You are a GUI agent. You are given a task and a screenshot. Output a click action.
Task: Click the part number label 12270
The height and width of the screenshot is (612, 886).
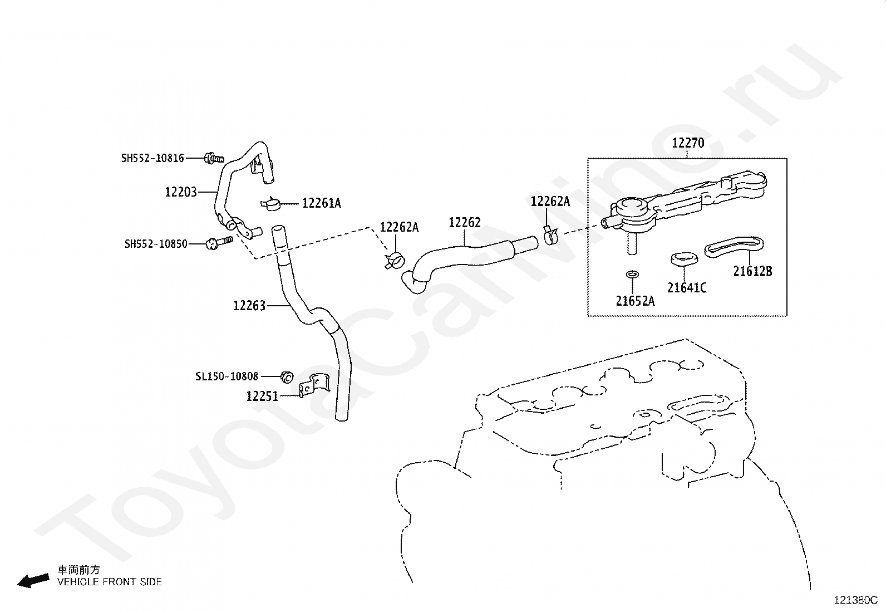(x=688, y=143)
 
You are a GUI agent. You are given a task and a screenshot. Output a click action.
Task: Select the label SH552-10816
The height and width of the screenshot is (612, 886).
(x=152, y=158)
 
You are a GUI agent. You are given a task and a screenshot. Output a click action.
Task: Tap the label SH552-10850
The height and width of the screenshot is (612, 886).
(x=156, y=244)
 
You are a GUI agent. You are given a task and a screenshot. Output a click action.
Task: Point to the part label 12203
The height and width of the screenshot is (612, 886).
(x=181, y=192)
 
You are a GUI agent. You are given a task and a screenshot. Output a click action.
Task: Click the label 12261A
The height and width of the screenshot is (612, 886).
(x=321, y=203)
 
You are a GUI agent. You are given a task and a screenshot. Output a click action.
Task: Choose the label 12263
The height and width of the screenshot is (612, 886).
(x=249, y=306)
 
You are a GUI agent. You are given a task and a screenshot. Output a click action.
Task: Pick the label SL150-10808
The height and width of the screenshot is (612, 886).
(x=227, y=376)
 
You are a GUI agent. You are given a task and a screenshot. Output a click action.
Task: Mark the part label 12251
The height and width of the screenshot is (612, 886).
(x=262, y=396)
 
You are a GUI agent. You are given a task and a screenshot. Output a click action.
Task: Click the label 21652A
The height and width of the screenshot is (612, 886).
(x=635, y=301)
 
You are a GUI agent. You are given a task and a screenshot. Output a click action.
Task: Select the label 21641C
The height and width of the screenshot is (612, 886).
(x=687, y=288)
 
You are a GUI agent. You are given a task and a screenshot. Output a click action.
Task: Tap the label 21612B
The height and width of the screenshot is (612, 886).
(x=752, y=272)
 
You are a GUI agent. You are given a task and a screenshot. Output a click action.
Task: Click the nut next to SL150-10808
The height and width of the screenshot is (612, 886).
(x=287, y=377)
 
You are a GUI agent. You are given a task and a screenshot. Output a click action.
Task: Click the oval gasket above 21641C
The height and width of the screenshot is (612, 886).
(x=683, y=259)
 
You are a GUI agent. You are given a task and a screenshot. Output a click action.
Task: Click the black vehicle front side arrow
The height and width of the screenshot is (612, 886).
(x=33, y=580)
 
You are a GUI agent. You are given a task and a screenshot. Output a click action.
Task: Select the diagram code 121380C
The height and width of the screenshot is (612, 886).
(x=855, y=600)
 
